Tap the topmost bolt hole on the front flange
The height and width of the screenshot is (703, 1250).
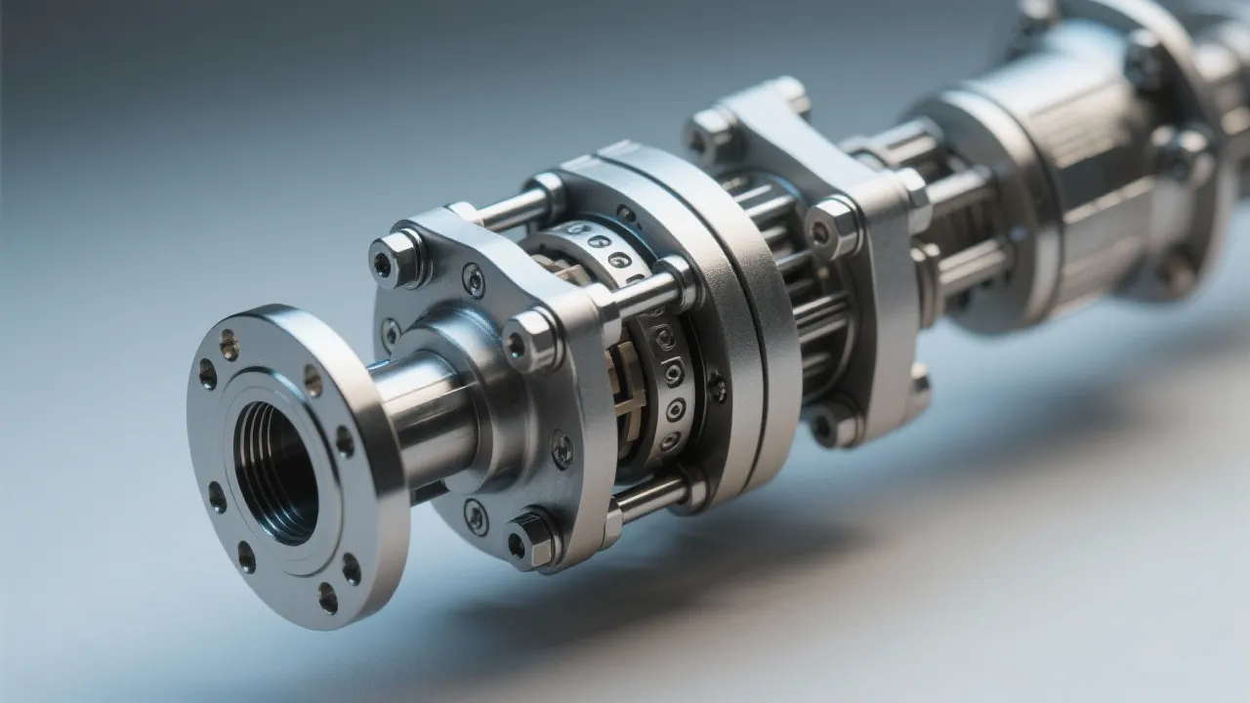(229, 344)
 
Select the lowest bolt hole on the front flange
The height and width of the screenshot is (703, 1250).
(327, 598)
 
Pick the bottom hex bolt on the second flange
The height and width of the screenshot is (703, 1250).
(528, 539)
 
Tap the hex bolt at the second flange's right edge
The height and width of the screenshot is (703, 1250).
(529, 342)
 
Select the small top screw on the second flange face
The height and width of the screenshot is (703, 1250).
(473, 280)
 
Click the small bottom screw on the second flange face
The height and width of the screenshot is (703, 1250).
(476, 517)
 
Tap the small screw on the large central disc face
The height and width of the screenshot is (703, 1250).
(717, 387)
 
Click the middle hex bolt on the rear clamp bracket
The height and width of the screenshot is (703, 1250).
(831, 229)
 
